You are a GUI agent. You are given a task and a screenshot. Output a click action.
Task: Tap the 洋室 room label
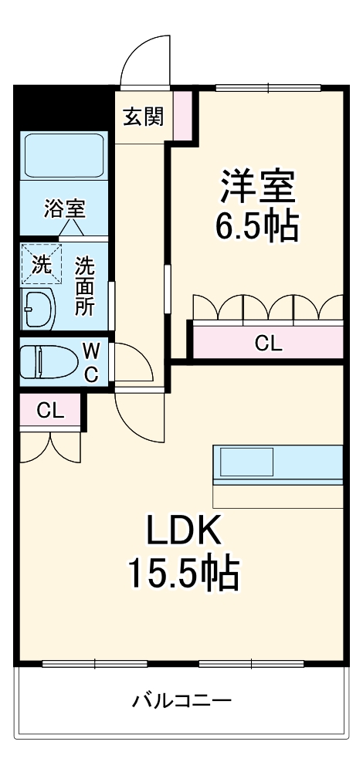click(258, 188)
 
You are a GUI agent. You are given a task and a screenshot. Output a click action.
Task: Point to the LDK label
click(185, 531)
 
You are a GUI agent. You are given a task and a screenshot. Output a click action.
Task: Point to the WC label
click(90, 363)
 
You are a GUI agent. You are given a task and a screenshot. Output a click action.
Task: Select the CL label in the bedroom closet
click(268, 344)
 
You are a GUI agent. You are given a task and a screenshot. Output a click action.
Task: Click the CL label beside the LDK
click(50, 411)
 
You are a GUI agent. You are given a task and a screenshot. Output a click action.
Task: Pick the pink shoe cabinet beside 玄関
click(182, 115)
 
